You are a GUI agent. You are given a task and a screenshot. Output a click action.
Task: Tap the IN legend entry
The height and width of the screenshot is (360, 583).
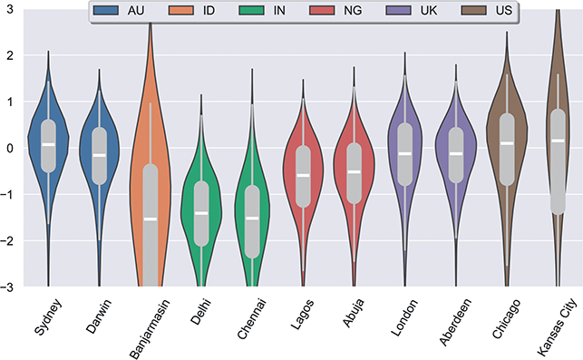click(275, 12)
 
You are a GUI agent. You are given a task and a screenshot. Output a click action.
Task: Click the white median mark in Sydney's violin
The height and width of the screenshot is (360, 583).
click(48, 144)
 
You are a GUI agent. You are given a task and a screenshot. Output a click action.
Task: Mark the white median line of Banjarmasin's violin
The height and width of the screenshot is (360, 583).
click(151, 219)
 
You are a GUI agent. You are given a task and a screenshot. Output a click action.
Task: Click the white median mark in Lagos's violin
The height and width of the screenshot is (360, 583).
click(303, 175)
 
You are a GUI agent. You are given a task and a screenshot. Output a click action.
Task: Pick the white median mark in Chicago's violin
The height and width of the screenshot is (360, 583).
click(507, 143)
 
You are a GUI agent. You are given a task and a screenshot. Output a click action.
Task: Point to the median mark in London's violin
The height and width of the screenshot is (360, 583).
click(405, 153)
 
